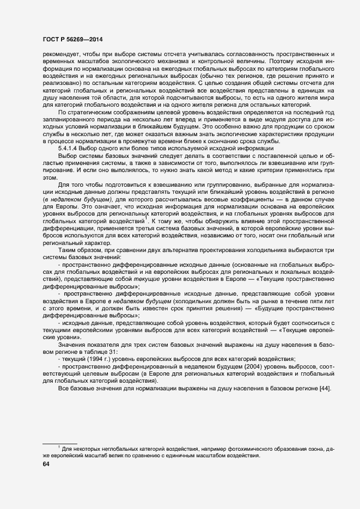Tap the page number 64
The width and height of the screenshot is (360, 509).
point(46,464)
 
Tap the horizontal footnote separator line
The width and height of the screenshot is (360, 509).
point(59,443)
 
